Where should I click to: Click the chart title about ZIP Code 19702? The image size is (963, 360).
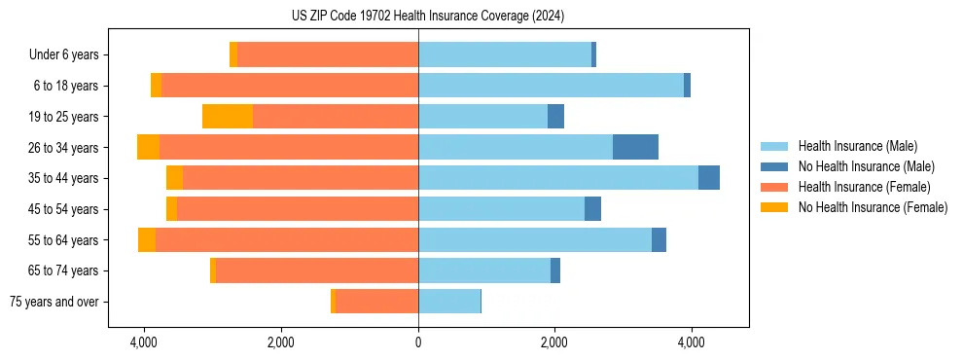[x=427, y=17]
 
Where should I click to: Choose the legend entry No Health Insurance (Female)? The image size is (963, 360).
[x=873, y=207]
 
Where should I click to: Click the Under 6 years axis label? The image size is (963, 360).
[x=64, y=55]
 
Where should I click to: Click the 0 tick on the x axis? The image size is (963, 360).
[x=418, y=342]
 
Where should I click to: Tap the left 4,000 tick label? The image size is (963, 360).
[x=144, y=342]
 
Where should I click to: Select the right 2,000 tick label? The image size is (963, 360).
[x=554, y=342]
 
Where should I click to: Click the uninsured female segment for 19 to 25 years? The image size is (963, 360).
[x=228, y=117]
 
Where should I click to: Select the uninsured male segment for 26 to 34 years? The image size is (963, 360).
[x=635, y=147]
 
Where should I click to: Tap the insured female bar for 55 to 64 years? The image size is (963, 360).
[x=287, y=239]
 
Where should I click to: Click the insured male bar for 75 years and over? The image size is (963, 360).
[x=449, y=302]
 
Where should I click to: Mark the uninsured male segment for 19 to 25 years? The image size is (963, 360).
[x=555, y=117]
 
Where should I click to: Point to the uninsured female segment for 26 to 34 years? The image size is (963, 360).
[x=148, y=147]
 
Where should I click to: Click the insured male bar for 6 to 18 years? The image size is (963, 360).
[x=551, y=86]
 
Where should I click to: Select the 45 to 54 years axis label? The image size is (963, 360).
[x=64, y=209]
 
